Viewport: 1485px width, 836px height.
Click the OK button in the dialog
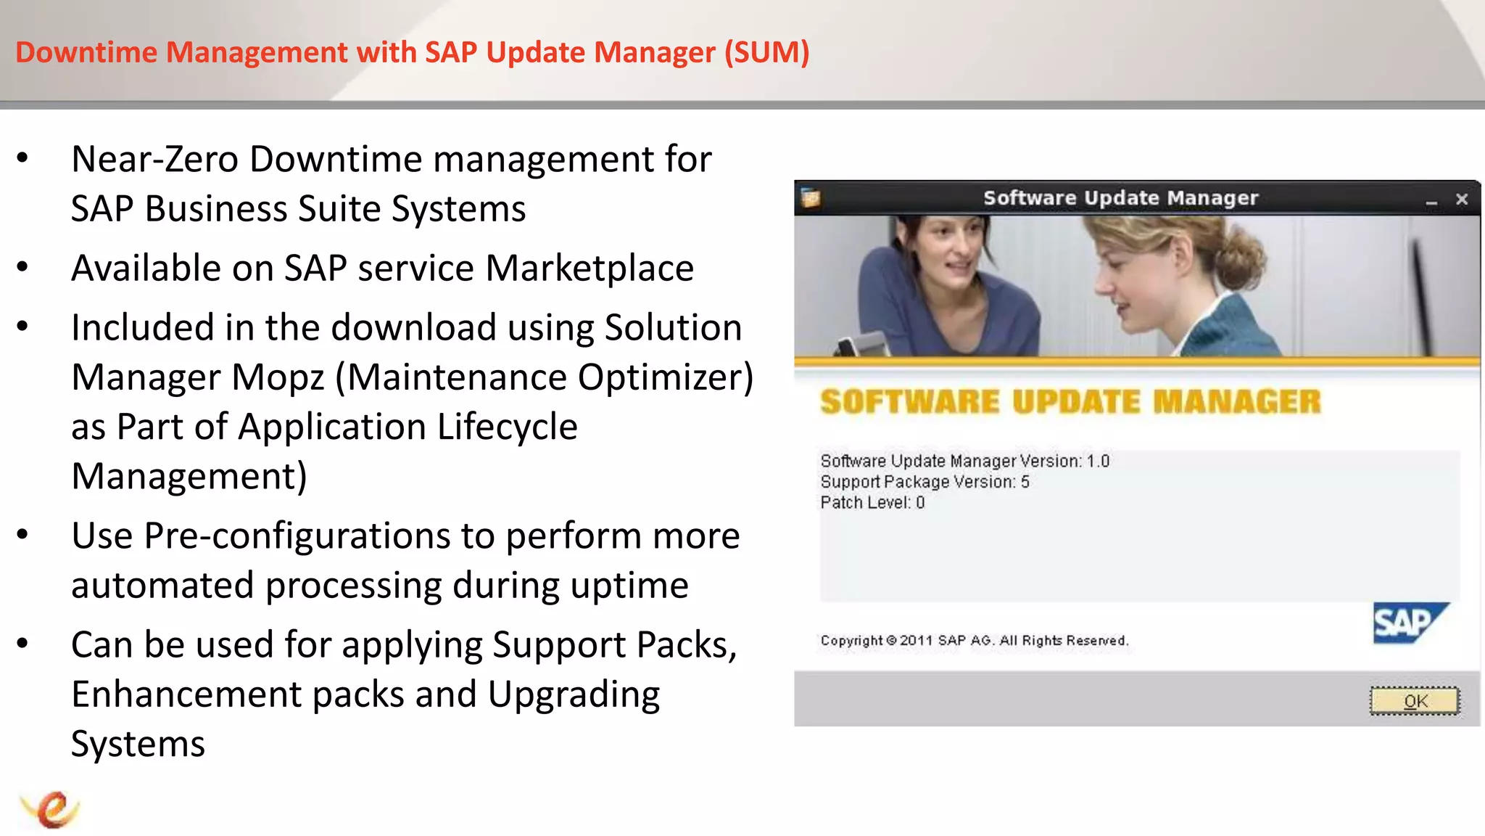pyautogui.click(x=1414, y=701)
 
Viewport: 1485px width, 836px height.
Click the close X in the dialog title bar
pyautogui.click(x=1462, y=199)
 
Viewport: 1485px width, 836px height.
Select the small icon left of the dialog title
pyautogui.click(x=811, y=197)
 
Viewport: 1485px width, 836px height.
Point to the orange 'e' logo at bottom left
pyautogui.click(x=50, y=809)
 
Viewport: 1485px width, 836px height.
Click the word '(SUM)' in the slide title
pyautogui.click(x=767, y=52)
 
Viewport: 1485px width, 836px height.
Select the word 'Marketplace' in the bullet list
pyautogui.click(x=590, y=269)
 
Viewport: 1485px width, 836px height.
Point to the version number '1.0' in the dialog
pyautogui.click(x=1098, y=462)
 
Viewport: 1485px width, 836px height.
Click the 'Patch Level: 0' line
pyautogui.click(x=872, y=503)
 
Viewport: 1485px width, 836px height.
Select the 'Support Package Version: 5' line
pyautogui.click(x=924, y=482)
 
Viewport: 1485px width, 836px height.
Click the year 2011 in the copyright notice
pyautogui.click(x=916, y=641)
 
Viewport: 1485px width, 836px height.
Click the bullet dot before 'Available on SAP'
pyautogui.click(x=23, y=267)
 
